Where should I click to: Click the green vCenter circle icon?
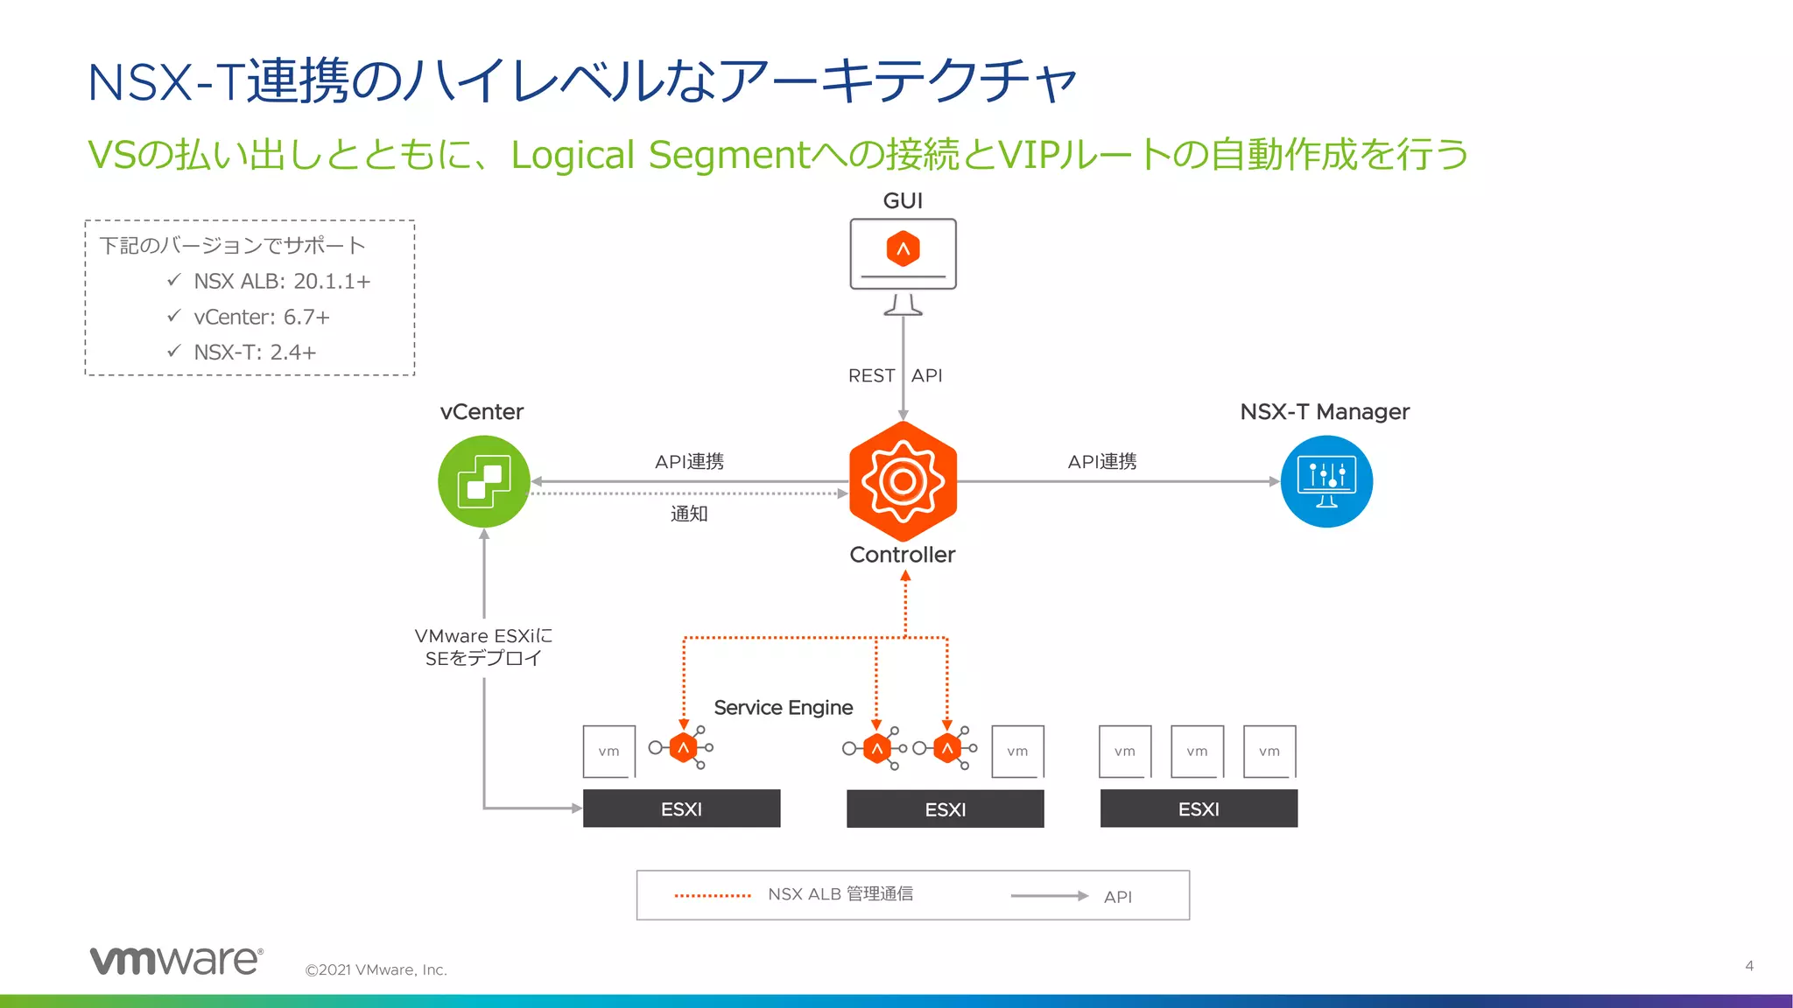click(x=483, y=481)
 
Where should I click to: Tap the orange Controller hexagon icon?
click(x=903, y=481)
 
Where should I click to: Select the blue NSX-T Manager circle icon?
click(x=1326, y=481)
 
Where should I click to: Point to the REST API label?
click(x=895, y=375)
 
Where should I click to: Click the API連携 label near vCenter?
click(x=689, y=461)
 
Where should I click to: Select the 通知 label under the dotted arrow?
click(x=689, y=514)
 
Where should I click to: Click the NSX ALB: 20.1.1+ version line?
click(x=282, y=281)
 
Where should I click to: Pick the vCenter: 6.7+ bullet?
click(x=262, y=317)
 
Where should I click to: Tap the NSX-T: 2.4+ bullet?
click(x=255, y=352)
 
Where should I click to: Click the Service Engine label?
click(x=783, y=707)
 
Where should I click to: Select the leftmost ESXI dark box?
click(x=681, y=808)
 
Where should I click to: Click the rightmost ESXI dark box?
click(x=1199, y=808)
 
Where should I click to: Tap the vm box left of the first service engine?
click(x=609, y=751)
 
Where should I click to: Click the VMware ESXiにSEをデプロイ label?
click(x=483, y=647)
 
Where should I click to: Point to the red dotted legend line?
click(x=713, y=895)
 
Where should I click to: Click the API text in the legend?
click(x=1118, y=897)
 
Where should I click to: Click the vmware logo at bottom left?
click(x=176, y=960)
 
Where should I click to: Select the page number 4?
click(x=1748, y=966)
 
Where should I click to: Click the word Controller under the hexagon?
click(x=902, y=555)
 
